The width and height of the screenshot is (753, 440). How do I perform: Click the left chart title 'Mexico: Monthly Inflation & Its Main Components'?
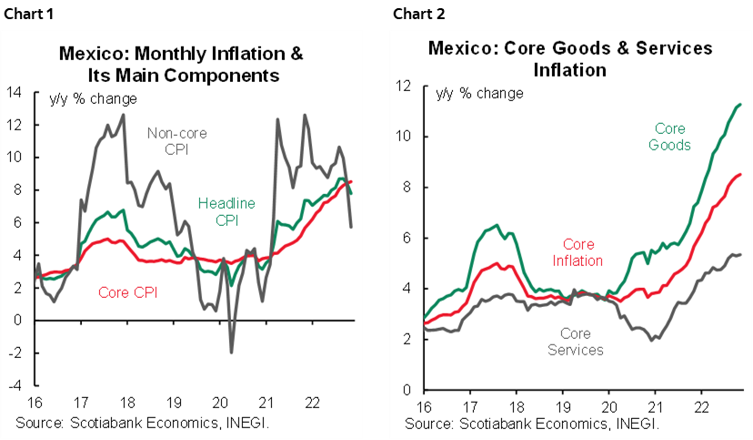(181, 63)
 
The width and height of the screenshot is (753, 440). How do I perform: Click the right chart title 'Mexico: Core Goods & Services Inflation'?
(570, 58)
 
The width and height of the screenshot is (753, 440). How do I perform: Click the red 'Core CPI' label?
(125, 292)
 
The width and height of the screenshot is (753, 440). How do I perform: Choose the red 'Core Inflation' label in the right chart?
(577, 252)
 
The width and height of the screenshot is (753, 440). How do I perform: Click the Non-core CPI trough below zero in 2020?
(231, 352)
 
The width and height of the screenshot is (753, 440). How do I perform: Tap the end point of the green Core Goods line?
(740, 104)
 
